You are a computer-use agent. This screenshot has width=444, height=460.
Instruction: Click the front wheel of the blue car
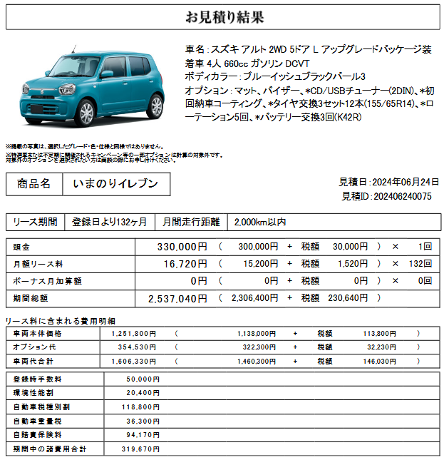(x=86, y=113)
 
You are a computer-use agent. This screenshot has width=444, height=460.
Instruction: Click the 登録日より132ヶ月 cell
(x=110, y=222)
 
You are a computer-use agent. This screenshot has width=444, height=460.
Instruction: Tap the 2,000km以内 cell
(x=259, y=222)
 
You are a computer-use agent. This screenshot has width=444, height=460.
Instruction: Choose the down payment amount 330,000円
(x=182, y=247)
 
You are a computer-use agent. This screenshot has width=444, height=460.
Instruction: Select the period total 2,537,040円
(x=177, y=299)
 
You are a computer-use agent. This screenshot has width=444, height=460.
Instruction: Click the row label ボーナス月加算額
(x=43, y=281)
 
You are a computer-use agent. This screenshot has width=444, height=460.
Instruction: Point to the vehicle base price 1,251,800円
(x=133, y=333)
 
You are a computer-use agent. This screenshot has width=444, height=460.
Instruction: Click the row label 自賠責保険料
(x=38, y=435)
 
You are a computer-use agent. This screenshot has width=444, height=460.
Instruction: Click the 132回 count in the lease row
(x=420, y=264)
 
